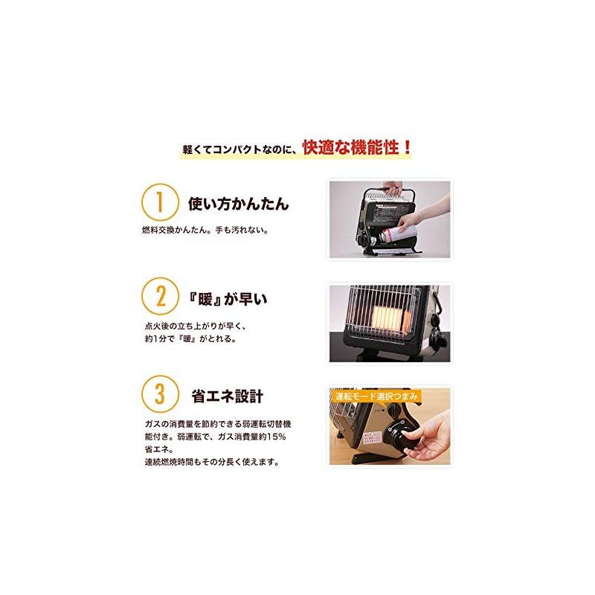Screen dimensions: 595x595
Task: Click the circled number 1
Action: coord(160,202)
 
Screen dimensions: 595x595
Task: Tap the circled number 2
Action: coord(160,295)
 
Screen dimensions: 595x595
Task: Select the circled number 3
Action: coord(160,393)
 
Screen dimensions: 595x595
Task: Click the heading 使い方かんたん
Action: coord(238,204)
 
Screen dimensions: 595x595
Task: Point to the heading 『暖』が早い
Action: coord(228,299)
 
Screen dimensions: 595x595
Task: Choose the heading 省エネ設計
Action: coord(227,396)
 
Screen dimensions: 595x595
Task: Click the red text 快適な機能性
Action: coord(350,147)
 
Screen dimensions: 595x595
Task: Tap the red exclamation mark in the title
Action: coord(408,147)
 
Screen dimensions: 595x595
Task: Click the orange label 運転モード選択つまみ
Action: coord(376,396)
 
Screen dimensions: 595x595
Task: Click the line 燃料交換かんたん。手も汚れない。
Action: coord(205,230)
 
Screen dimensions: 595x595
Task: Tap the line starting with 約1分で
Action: coord(190,339)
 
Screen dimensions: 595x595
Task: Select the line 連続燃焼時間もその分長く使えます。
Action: coord(212,462)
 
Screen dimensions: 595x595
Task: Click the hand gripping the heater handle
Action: coord(391,187)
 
